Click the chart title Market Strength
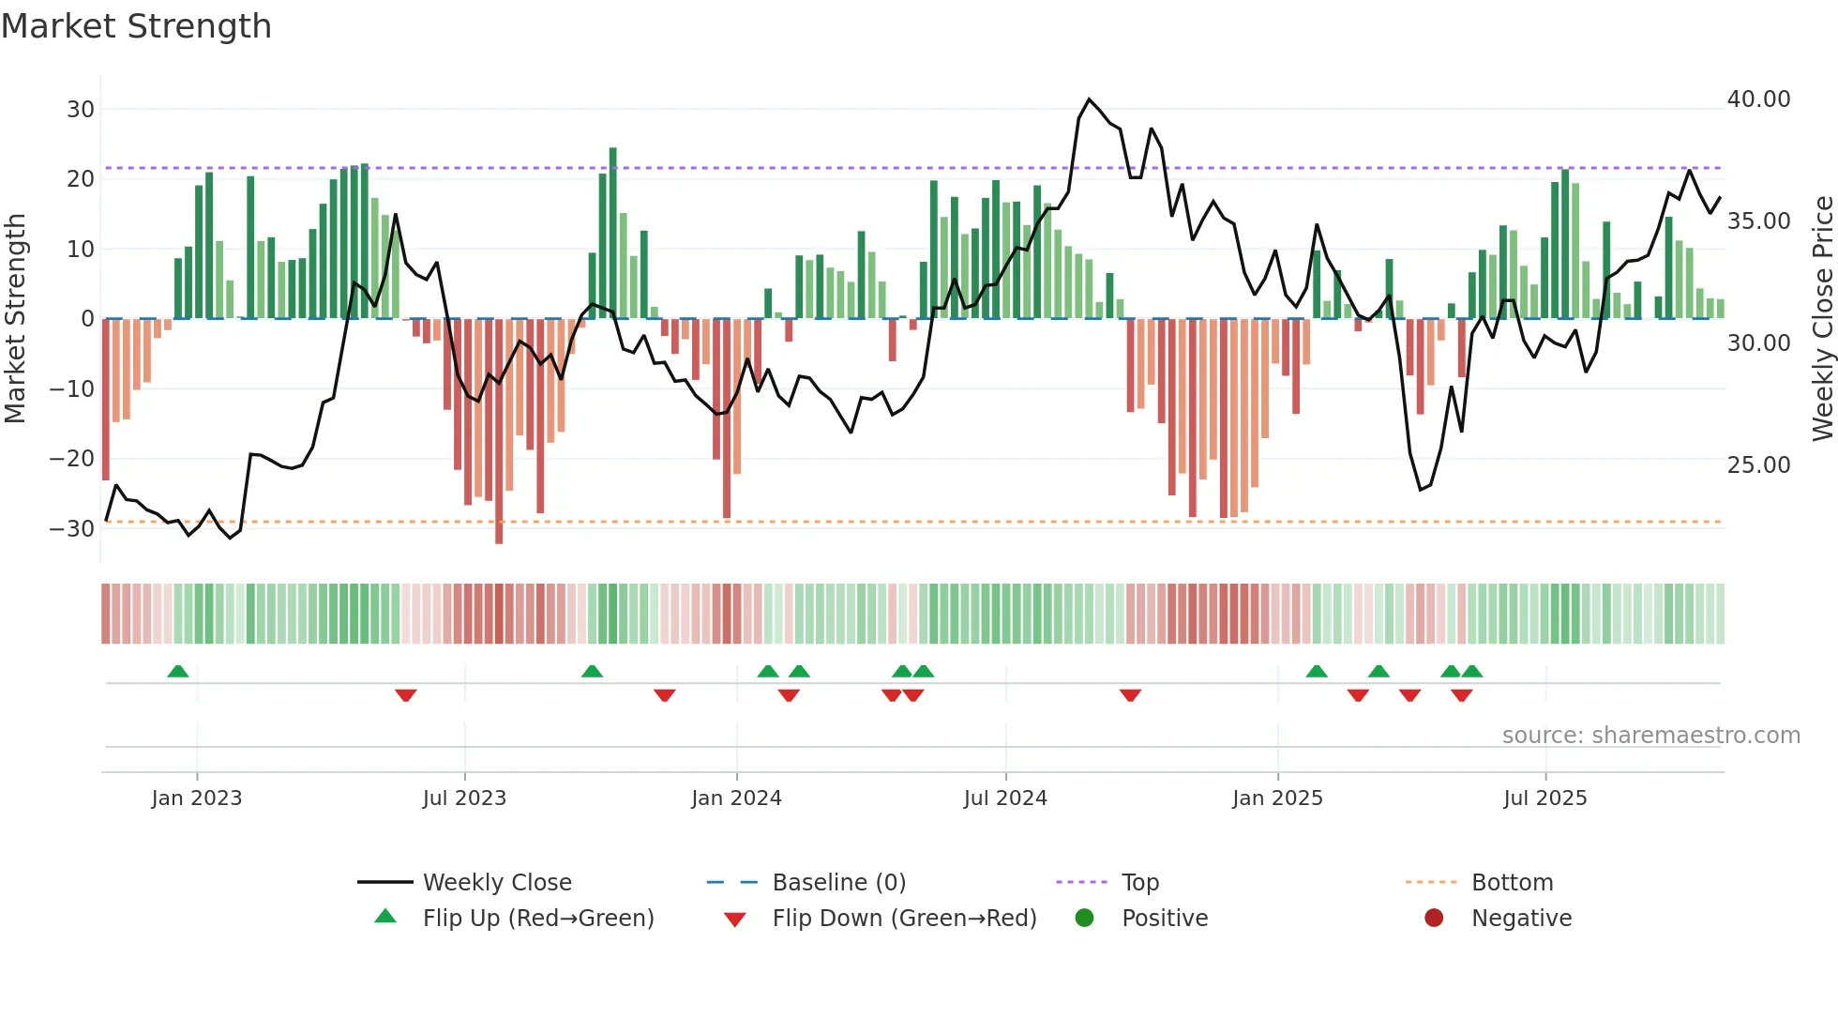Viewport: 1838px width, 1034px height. (137, 26)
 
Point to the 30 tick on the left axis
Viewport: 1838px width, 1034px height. (81, 109)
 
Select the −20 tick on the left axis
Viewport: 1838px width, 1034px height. (73, 459)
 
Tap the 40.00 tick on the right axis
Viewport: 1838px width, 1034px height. (1758, 99)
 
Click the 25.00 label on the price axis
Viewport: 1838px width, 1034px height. (1758, 465)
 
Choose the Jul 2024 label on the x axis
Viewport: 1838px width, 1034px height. (1005, 798)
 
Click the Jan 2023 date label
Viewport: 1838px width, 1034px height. (197, 798)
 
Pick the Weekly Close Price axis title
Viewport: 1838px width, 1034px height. (1822, 319)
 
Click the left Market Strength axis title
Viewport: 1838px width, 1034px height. (15, 319)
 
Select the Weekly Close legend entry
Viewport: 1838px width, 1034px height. (497, 883)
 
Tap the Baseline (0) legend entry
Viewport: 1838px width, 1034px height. (838, 883)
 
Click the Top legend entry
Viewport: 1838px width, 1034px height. (1140, 883)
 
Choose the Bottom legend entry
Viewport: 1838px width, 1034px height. (1512, 883)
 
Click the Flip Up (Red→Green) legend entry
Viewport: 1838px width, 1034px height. (538, 919)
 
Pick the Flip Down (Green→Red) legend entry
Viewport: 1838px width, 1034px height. (904, 919)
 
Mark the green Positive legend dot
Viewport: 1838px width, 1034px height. (1085, 919)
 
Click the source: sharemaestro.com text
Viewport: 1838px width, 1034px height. (1650, 736)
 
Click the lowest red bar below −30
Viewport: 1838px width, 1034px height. (499, 535)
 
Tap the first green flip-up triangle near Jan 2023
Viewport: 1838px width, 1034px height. (178, 671)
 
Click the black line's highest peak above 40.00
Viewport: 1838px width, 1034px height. (1089, 99)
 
